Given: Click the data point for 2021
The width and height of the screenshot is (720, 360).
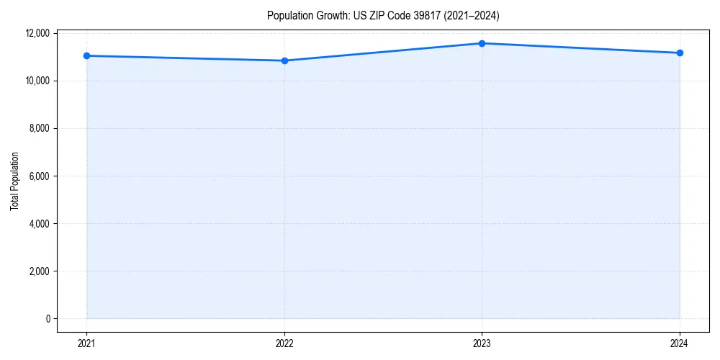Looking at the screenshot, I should (x=86, y=55).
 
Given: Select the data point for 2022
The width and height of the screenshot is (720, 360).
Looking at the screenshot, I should (x=284, y=60).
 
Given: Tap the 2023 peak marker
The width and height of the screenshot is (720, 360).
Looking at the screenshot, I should (x=482, y=43).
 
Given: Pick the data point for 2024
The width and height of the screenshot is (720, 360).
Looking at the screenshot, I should (x=680, y=53).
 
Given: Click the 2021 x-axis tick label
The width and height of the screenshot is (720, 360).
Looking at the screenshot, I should (x=86, y=343).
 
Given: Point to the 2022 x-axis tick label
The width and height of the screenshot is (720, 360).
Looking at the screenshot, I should (x=284, y=343).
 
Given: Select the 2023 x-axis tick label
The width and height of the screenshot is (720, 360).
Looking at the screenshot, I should (x=482, y=343).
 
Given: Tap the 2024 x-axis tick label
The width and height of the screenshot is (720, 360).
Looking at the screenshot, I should (x=680, y=343).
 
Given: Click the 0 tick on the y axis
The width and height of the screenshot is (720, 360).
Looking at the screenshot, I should (x=48, y=319).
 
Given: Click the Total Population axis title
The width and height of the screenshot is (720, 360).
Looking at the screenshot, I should (x=14, y=181).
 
